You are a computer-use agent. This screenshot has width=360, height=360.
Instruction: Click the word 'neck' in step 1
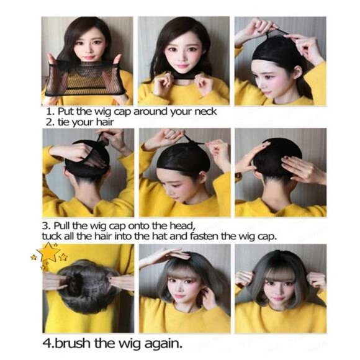[x=205, y=111]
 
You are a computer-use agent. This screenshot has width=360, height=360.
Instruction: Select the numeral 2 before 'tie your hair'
[x=49, y=122]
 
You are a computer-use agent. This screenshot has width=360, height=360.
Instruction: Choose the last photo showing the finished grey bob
[x=281, y=288]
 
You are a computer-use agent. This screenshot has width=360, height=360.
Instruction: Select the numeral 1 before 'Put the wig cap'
[x=49, y=111]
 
